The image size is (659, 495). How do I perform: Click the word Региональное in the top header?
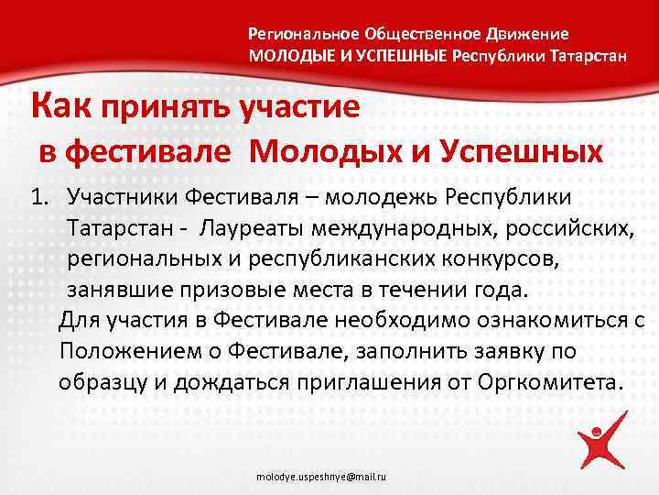click(x=303, y=34)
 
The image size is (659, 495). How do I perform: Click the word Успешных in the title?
click(x=522, y=148)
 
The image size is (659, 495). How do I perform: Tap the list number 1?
click(x=38, y=196)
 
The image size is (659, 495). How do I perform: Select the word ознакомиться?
click(x=526, y=321)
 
